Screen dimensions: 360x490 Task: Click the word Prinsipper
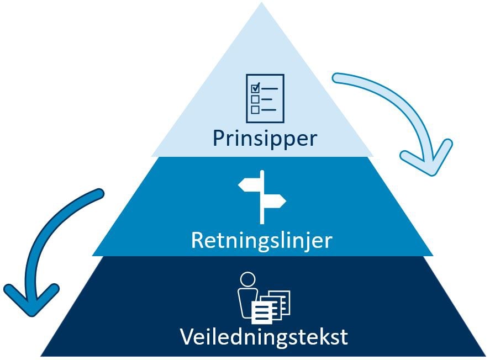(265, 138)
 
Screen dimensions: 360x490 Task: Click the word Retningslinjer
(261, 241)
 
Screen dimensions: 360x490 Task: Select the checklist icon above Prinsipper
(265, 98)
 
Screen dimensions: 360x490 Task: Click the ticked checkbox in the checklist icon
(255, 87)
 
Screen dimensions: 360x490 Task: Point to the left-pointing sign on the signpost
(249, 185)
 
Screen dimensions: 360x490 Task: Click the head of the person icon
(247, 279)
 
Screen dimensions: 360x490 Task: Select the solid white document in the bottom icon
(262, 313)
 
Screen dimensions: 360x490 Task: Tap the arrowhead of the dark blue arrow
(31, 301)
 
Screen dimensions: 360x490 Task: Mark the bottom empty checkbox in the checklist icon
(255, 109)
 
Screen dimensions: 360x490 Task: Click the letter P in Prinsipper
(218, 138)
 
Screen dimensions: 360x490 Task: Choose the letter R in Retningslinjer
(197, 241)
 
